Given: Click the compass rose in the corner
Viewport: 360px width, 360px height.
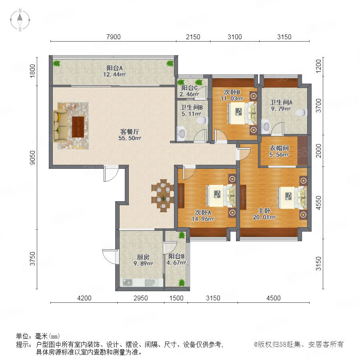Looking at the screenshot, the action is pyautogui.click(x=20, y=20).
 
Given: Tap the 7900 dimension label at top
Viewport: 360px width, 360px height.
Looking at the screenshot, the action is pyautogui.click(x=114, y=37).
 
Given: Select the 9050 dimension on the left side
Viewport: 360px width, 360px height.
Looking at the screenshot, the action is pyautogui.click(x=33, y=158).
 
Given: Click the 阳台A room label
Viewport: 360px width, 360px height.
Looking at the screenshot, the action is pyautogui.click(x=114, y=68).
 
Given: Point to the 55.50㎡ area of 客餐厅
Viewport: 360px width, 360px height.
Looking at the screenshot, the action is pyautogui.click(x=130, y=138).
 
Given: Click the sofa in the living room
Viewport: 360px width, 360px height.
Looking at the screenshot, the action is pyautogui.click(x=60, y=126).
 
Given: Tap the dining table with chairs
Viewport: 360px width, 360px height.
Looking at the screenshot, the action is pyautogui.click(x=163, y=195).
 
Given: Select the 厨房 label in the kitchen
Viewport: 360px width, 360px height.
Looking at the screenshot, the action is pyautogui.click(x=143, y=257).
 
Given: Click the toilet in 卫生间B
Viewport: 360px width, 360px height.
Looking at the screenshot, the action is pyautogui.click(x=202, y=120).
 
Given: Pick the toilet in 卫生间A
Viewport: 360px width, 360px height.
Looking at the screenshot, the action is pyautogui.click(x=301, y=113).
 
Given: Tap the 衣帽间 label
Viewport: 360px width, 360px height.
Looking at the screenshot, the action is pyautogui.click(x=279, y=148).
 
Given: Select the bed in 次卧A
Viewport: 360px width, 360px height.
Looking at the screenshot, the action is pyautogui.click(x=221, y=195).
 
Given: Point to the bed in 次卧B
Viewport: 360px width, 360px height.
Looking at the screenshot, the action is pyautogui.click(x=242, y=113).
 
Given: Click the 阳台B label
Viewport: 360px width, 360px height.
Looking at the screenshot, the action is pyautogui.click(x=176, y=256).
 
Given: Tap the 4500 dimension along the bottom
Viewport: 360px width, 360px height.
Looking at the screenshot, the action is pyautogui.click(x=274, y=298).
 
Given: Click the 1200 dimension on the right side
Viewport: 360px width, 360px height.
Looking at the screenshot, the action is pyautogui.click(x=319, y=66).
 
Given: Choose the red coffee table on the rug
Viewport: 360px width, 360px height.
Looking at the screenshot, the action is pyautogui.click(x=78, y=127).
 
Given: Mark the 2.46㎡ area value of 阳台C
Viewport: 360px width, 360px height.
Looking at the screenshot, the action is pyautogui.click(x=189, y=94).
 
